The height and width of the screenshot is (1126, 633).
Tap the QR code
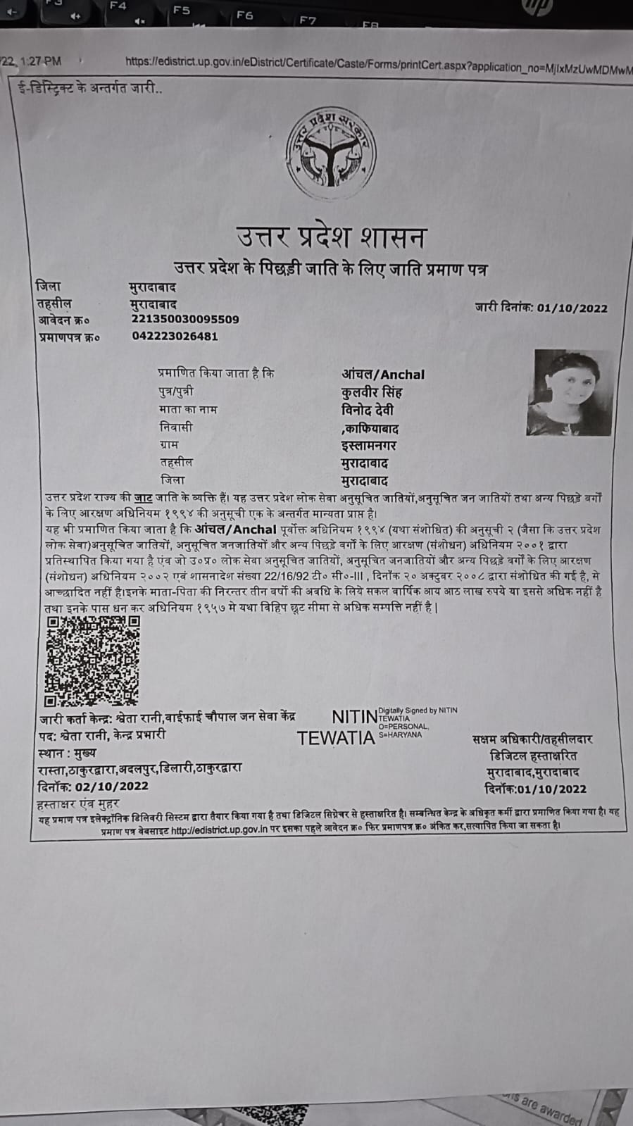tap(92, 661)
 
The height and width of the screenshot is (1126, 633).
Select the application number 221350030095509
tap(185, 319)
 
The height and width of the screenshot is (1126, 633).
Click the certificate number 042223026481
tap(175, 336)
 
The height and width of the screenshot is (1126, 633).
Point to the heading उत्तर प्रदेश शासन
tap(331, 237)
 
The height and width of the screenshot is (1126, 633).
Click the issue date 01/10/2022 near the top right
tap(572, 308)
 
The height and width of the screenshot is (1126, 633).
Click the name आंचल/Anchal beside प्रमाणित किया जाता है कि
tap(383, 375)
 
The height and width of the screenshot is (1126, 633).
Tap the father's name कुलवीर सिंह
tap(372, 392)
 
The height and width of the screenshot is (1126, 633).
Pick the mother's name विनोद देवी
tap(368, 410)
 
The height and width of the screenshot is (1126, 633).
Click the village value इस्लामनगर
tap(369, 446)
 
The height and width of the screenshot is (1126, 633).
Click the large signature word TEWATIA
tap(336, 738)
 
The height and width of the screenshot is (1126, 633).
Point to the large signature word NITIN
tap(354, 717)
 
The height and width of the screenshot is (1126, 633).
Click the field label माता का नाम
tap(188, 409)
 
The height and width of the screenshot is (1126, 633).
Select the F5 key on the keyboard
tap(181, 11)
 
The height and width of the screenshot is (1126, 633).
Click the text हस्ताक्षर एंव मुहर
tap(78, 803)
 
